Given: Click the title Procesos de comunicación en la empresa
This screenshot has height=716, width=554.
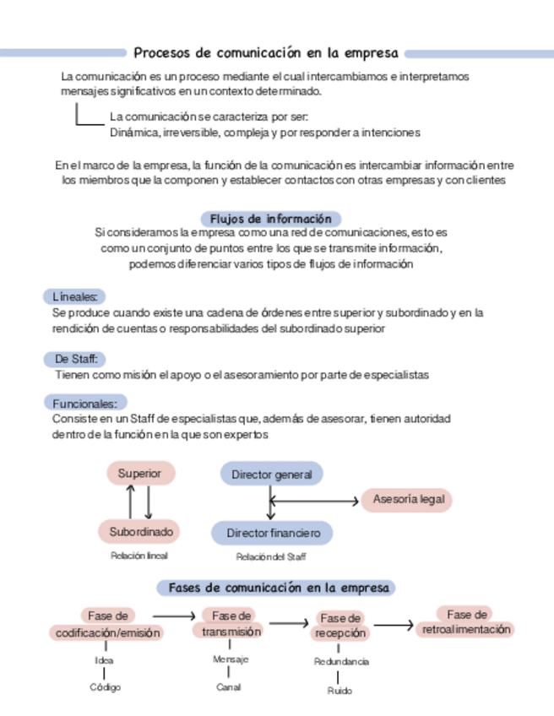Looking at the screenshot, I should [266, 52].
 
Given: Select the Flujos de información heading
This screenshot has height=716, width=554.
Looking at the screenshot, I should [270, 219].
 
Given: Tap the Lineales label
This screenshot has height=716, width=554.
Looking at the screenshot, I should [74, 296].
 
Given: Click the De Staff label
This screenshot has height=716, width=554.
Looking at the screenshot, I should [74, 359].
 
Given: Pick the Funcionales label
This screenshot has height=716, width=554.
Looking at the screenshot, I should [84, 403].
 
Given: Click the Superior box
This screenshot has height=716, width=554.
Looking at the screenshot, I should [140, 474].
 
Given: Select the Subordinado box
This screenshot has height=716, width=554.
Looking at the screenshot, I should [140, 532].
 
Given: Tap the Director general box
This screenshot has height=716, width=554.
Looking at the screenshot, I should [271, 475].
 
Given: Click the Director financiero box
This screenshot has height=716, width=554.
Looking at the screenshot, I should [271, 534].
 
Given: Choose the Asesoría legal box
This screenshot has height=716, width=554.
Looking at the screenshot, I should [408, 500].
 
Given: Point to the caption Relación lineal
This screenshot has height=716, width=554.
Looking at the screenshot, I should [139, 556].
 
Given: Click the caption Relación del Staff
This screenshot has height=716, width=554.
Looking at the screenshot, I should [270, 557].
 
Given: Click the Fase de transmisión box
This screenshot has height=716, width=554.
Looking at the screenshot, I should [231, 623].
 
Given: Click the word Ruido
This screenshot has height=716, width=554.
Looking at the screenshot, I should [339, 691].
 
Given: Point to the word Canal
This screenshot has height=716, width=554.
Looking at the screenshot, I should [228, 687].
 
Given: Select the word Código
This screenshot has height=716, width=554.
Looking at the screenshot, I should [106, 687].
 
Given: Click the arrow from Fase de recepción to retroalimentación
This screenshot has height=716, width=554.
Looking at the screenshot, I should [393, 626].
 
